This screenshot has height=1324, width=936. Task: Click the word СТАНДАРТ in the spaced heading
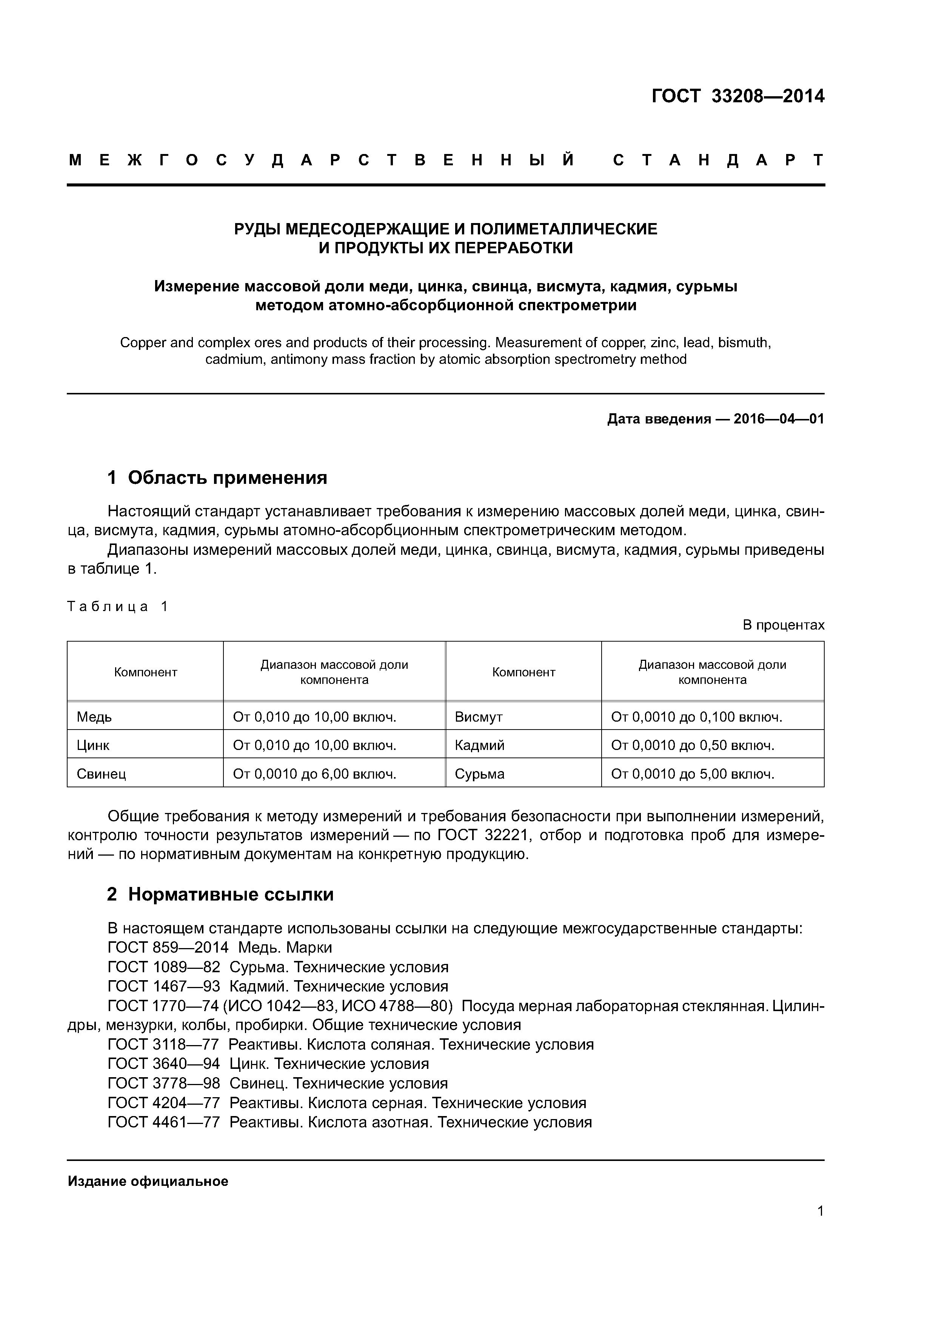click(718, 160)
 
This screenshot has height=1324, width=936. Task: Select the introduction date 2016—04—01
click(779, 419)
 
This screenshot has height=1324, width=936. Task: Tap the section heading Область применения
click(227, 477)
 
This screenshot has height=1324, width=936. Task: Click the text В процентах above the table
click(783, 625)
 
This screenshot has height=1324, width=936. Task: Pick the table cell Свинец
click(101, 774)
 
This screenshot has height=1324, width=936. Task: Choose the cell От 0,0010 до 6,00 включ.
click(314, 774)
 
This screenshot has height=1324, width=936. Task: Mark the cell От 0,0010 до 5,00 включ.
click(692, 774)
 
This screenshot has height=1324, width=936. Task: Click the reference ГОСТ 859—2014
click(168, 947)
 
